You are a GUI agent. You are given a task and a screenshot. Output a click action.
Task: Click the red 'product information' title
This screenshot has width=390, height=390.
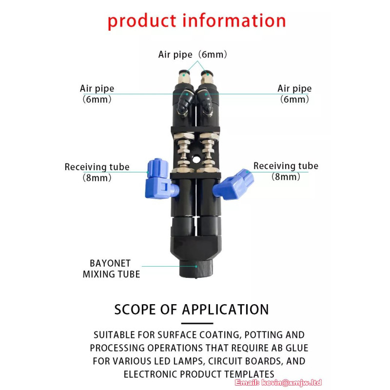[x=196, y=21]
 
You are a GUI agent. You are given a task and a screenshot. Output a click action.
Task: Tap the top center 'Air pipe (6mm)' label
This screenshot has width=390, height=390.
[x=193, y=55]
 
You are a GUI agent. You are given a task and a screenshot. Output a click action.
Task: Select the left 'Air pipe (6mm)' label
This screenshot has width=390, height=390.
[x=97, y=94]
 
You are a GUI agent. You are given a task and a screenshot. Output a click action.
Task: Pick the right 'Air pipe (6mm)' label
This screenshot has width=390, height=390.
[x=294, y=94]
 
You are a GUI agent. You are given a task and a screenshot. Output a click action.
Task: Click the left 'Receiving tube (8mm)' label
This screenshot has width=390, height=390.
[x=97, y=172]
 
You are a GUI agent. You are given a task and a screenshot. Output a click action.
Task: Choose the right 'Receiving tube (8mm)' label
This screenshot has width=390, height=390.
[x=286, y=171]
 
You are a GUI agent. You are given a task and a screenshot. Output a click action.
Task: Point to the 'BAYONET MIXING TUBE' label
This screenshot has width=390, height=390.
[x=111, y=269]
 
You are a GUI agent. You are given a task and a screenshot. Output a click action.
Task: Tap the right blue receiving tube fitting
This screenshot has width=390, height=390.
[x=234, y=185]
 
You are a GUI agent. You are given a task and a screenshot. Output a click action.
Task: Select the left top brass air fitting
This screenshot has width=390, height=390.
[x=184, y=77]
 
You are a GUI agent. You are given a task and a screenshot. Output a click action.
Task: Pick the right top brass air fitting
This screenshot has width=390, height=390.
[x=207, y=77]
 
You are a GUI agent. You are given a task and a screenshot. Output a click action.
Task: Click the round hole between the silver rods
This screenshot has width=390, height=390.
[x=196, y=159]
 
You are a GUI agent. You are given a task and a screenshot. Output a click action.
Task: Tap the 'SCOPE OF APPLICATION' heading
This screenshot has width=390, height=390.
[x=192, y=310]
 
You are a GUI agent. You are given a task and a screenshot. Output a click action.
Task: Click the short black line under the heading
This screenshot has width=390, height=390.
[x=197, y=323]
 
